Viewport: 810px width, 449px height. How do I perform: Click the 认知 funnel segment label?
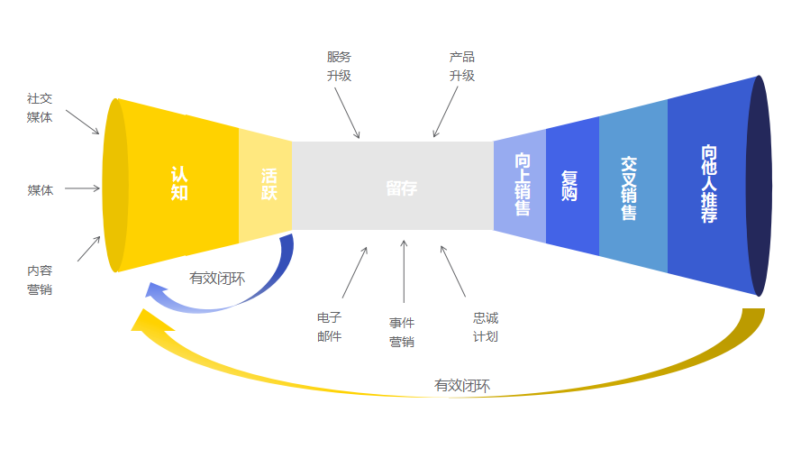point(179,183)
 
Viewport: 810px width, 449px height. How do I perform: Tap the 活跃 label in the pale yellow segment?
point(268,184)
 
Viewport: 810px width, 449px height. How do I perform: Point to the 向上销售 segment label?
point(523,184)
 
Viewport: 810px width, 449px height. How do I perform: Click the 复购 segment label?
point(569,185)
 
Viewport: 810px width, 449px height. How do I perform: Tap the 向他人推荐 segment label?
point(709,185)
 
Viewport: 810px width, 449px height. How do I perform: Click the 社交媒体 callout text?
point(40,107)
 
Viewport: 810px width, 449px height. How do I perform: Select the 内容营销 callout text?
point(40,279)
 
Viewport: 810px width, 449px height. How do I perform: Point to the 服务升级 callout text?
point(339,67)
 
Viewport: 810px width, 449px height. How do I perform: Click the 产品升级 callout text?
point(461,67)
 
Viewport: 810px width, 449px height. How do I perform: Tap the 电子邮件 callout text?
point(330,327)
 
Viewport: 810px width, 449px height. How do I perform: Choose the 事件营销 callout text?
point(402,333)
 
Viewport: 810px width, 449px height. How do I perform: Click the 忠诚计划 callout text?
point(486,327)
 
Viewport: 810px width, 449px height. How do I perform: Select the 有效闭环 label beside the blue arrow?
point(216,278)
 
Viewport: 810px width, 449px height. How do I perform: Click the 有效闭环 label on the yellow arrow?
point(462,386)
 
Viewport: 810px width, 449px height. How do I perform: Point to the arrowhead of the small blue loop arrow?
point(156,290)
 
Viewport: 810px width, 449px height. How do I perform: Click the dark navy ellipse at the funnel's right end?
point(760,186)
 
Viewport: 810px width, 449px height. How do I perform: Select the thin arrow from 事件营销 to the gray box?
point(403,270)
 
